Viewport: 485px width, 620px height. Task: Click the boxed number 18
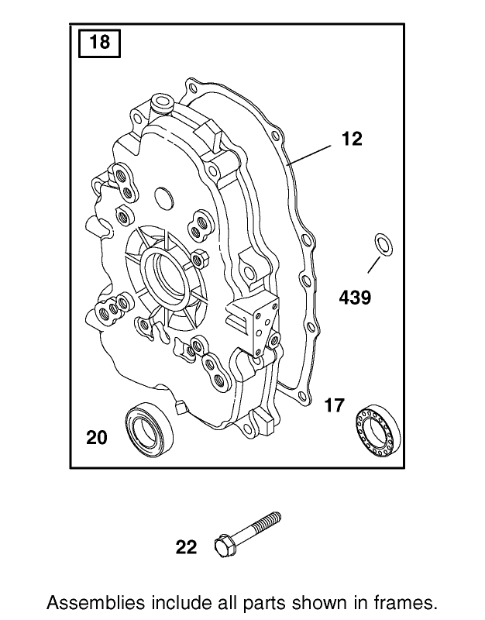pos(101,42)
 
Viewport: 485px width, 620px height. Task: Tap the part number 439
pos(353,297)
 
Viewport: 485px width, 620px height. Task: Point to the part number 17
pos(334,405)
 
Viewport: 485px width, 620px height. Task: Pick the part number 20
pos(97,438)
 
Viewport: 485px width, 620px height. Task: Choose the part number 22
pos(187,548)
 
